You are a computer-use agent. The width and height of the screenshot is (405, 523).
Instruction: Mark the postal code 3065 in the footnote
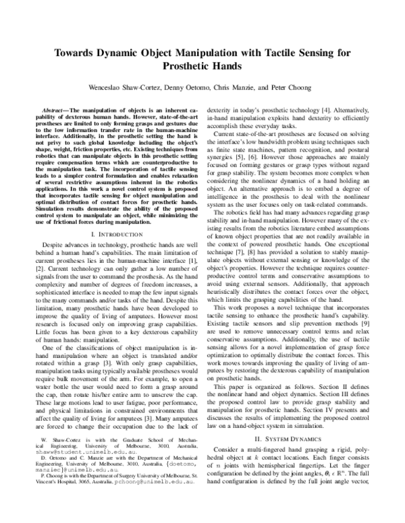coord(74,501)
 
